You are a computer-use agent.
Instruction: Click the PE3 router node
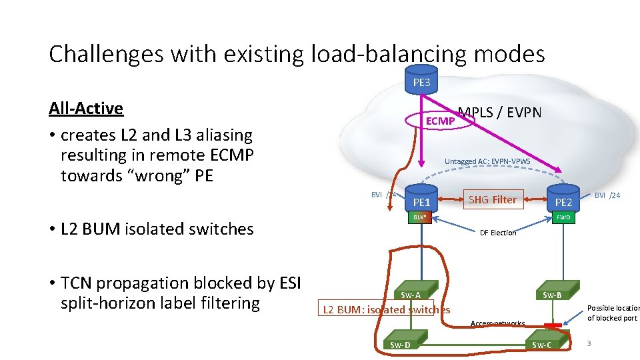[421, 79]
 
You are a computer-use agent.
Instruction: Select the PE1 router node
[421, 199]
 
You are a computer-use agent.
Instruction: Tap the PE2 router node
[563, 199]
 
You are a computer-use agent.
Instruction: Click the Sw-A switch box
[411, 295]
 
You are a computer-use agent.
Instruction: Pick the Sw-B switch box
[552, 295]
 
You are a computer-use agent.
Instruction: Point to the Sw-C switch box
[541, 344]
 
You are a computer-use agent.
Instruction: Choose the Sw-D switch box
[400, 344]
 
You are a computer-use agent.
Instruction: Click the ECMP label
[440, 121]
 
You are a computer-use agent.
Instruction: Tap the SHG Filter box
[493, 199]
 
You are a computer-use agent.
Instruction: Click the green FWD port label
[563, 217]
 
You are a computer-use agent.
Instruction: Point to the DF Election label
[498, 233]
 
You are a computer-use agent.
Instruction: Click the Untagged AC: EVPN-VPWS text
[487, 161]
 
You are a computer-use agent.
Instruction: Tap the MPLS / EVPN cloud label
[500, 113]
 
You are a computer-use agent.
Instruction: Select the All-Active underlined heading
[86, 108]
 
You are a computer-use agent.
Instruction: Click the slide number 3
[589, 343]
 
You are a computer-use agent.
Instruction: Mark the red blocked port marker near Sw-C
[553, 325]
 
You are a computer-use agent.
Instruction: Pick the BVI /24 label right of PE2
[607, 195]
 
